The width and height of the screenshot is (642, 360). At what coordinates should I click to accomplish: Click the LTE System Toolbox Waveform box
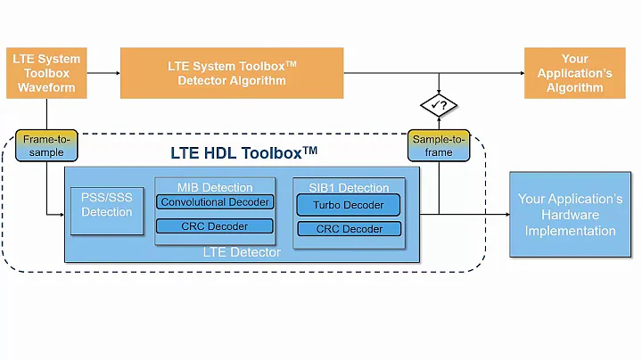click(x=46, y=73)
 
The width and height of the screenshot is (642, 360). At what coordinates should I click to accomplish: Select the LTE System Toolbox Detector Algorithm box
click(x=226, y=73)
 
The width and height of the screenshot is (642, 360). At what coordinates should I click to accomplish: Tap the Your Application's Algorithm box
click(x=574, y=73)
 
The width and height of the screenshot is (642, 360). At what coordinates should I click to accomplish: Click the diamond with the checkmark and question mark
click(x=439, y=106)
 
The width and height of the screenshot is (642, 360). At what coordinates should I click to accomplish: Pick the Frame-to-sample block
click(x=46, y=145)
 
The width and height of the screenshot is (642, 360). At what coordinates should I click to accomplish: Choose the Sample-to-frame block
click(x=439, y=145)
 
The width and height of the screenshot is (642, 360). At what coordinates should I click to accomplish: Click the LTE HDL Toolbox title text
click(x=243, y=152)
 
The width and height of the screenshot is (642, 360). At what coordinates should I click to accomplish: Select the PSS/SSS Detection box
click(x=106, y=206)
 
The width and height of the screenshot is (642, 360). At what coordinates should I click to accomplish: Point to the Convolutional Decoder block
click(x=214, y=202)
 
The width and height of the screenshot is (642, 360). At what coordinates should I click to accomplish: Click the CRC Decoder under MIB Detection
click(x=214, y=226)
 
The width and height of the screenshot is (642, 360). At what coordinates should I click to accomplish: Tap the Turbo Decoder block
click(x=349, y=205)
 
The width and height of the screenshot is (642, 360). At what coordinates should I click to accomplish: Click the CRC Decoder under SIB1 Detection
click(x=349, y=229)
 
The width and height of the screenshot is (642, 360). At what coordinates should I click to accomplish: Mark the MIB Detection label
click(x=214, y=187)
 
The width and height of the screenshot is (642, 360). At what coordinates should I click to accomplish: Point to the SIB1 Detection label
click(x=349, y=187)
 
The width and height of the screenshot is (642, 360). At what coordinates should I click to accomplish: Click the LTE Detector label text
click(x=242, y=253)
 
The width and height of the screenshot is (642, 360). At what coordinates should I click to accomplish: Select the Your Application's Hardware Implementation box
click(x=570, y=215)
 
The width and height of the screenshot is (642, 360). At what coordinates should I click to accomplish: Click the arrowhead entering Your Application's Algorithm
click(x=519, y=73)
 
